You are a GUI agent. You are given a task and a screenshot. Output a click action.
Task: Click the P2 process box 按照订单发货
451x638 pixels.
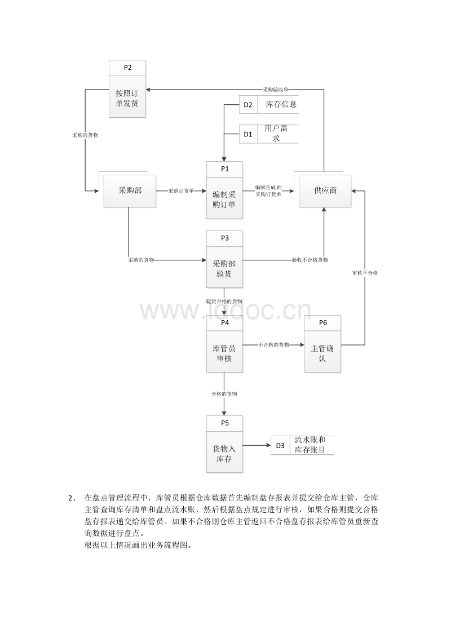127,88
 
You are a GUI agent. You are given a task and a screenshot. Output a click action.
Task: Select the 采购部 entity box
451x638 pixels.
130,191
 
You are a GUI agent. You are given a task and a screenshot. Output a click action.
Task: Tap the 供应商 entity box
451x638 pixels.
325,191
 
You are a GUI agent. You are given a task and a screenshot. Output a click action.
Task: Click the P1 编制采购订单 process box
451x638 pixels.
225,190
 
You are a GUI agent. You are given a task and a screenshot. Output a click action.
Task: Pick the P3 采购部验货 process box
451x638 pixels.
225,259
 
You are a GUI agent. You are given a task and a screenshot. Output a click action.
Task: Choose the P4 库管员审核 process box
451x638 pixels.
225,344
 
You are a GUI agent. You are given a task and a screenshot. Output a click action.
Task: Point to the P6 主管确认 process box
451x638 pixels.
323,344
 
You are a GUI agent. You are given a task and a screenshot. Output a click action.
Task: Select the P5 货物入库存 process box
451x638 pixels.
225,444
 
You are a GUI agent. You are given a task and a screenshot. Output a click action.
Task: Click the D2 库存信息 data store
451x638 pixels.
269,105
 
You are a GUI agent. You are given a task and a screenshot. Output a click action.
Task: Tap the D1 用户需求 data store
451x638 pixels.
269,134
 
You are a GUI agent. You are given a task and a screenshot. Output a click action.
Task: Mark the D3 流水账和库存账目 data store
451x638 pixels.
302,445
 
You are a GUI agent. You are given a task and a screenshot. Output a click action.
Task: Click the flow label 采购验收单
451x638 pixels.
276,90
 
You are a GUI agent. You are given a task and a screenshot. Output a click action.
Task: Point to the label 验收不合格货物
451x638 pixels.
310,260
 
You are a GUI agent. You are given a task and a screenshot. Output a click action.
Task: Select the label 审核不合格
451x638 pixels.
365,273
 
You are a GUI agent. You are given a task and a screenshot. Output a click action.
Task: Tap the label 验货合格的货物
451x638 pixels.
224,302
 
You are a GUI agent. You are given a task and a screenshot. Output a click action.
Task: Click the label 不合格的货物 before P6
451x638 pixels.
274,344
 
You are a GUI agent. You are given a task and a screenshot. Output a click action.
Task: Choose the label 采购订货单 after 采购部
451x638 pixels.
181,191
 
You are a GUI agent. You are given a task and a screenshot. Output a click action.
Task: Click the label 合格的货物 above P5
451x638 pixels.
224,394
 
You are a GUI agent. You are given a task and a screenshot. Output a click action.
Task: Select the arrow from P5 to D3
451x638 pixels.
257,446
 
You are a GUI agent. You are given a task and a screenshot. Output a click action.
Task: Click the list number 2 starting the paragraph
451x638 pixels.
72,498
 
